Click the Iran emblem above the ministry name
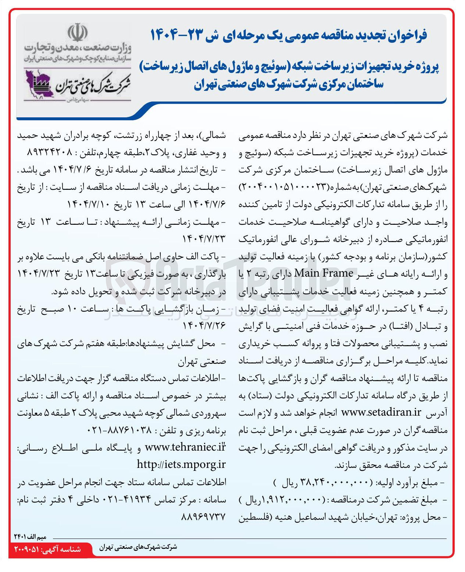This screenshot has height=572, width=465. tap(77, 33)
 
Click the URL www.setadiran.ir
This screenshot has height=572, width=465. tap(381, 412)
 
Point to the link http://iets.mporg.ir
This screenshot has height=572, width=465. tap(181, 465)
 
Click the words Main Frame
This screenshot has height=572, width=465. tap(324, 273)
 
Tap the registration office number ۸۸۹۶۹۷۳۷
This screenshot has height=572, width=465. tap(203, 516)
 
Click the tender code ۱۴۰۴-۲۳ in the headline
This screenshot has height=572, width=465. tap(181, 35)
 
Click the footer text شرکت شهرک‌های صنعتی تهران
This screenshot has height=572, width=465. tap(138, 547)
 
